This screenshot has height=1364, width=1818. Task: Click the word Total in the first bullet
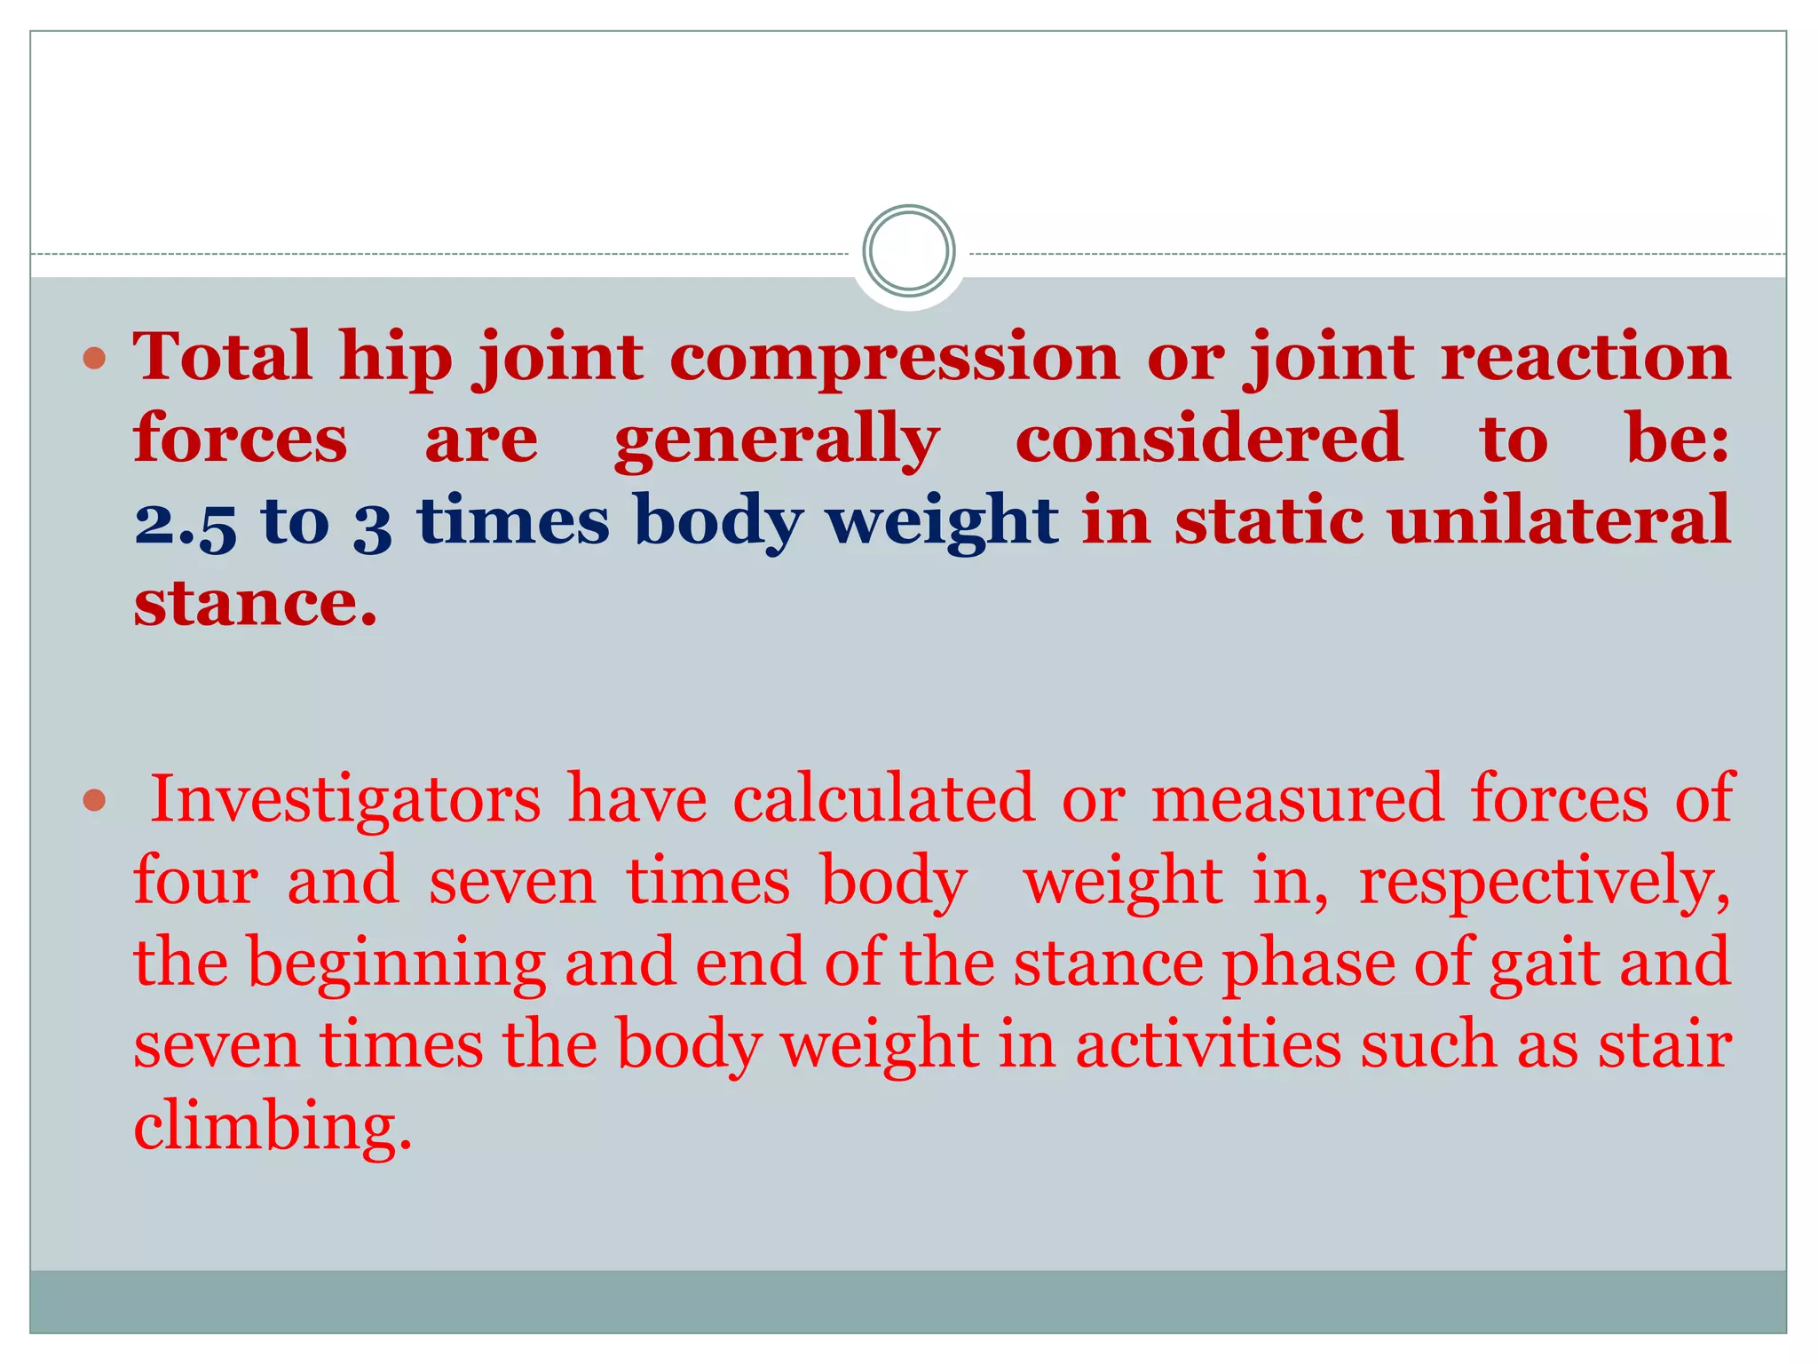[x=222, y=357]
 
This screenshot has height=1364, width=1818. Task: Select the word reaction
[x=1585, y=357]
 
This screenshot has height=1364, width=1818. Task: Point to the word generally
[x=777, y=440]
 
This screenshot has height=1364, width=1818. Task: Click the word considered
[x=1208, y=439]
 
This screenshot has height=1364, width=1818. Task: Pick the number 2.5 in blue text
[x=186, y=523]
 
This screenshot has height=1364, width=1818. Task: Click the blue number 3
[x=372, y=525]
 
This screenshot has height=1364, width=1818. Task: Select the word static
[x=1269, y=520]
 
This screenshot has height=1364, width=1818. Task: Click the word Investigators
[x=345, y=799]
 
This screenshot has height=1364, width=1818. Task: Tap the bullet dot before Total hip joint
[x=94, y=359]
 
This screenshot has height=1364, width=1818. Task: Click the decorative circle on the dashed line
[x=908, y=251]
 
